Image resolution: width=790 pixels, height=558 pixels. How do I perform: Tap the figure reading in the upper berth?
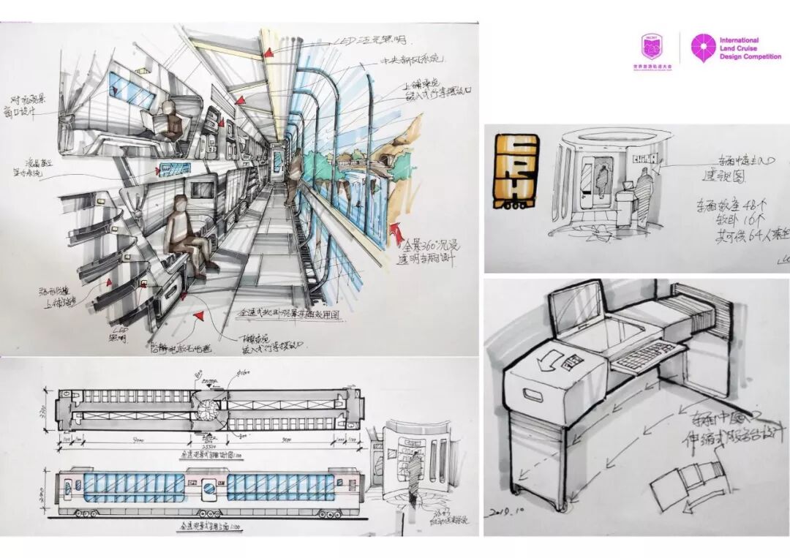coord(170,121)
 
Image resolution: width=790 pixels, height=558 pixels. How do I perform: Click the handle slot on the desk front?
coord(538,396)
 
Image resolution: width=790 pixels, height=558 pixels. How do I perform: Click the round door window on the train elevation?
coord(209,485)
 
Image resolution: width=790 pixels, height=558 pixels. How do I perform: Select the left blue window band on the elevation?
coord(135,486)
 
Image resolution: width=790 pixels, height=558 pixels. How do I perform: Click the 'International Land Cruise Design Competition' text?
coord(750,49)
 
